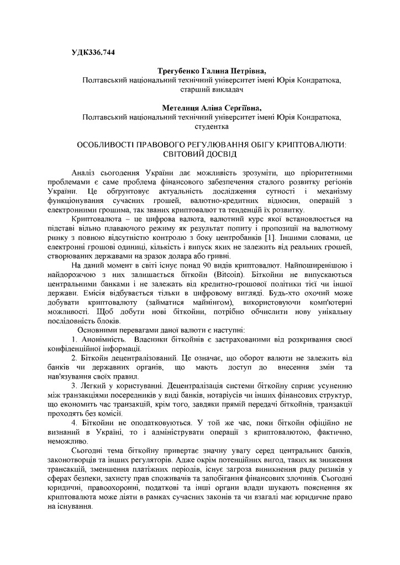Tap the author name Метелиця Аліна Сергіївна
(212, 108)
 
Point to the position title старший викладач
(212, 89)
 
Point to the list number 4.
(75, 423)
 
